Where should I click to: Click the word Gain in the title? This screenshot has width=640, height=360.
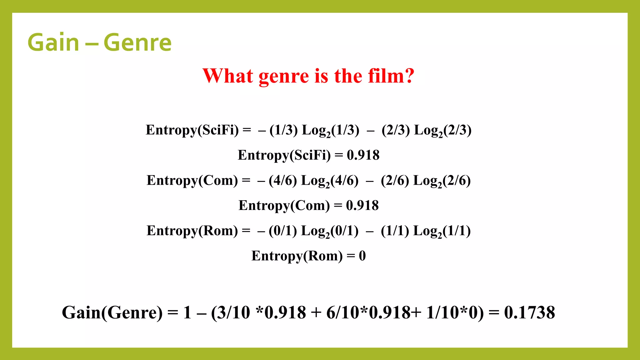point(53,43)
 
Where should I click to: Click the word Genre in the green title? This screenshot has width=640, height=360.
point(137,43)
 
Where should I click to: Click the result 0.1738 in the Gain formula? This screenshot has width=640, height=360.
point(529,312)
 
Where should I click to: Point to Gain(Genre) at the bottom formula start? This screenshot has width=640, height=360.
point(112,312)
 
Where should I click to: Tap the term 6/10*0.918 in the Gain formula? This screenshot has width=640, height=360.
point(369,312)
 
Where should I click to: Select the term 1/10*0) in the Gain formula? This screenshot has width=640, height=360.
point(455,312)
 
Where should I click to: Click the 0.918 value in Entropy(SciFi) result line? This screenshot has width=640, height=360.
point(363,155)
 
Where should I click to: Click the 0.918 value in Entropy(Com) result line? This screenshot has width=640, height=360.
point(362,205)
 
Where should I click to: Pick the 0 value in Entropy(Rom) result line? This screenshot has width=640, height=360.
point(362,256)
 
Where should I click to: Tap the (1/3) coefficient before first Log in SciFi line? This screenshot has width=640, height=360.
point(283,130)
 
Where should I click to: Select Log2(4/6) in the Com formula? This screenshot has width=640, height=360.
point(329,181)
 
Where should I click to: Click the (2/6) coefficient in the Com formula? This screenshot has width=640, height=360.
point(395,181)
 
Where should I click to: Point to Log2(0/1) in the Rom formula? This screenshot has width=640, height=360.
point(329,231)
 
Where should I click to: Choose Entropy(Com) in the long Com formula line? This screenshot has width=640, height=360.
point(192,181)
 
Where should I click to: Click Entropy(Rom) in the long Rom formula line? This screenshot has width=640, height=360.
point(192,231)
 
